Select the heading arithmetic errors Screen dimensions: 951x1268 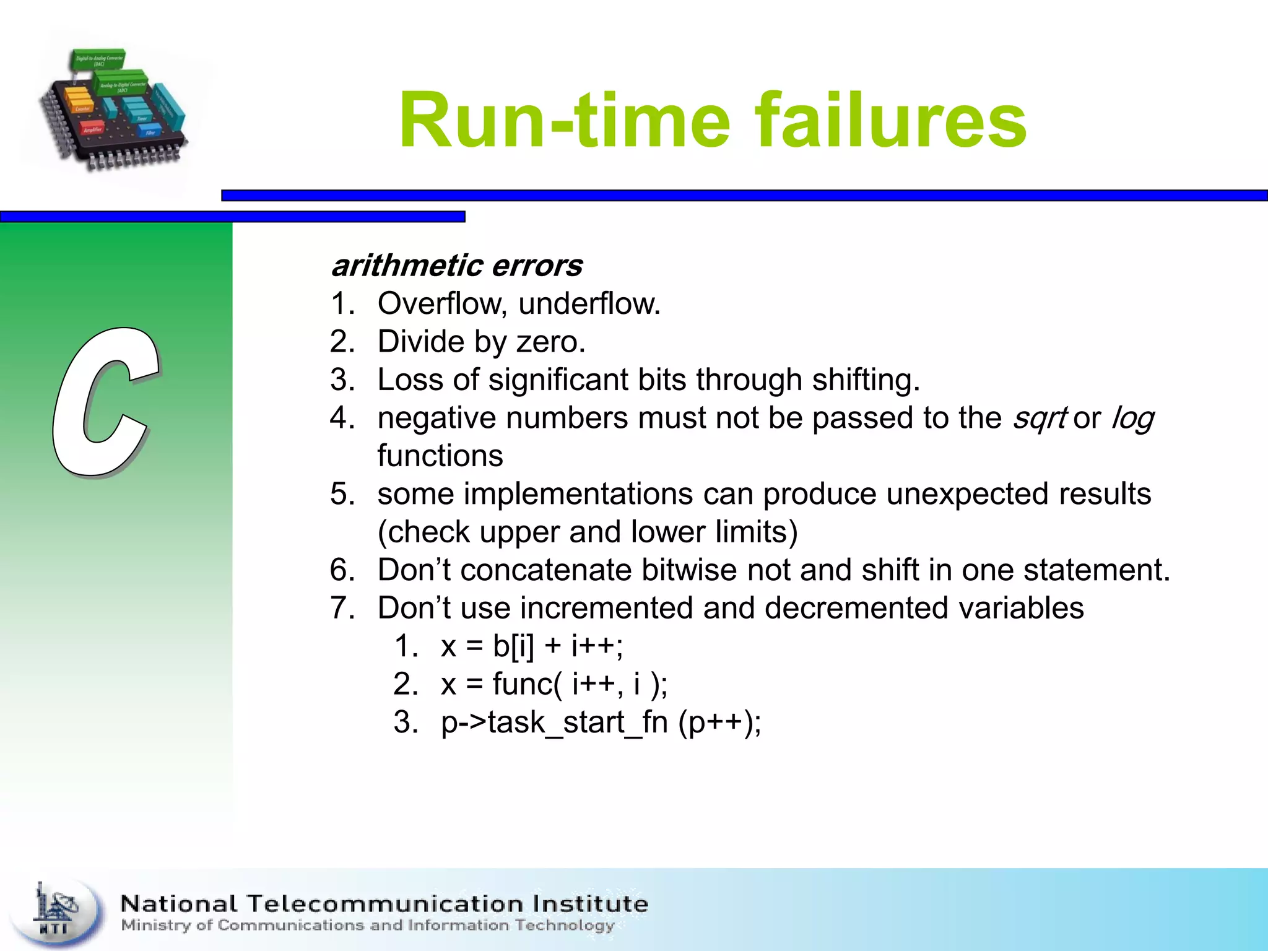click(x=457, y=266)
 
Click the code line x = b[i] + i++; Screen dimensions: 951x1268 click(x=532, y=646)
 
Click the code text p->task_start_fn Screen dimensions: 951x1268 click(x=554, y=723)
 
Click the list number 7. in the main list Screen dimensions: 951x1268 click(x=342, y=608)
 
